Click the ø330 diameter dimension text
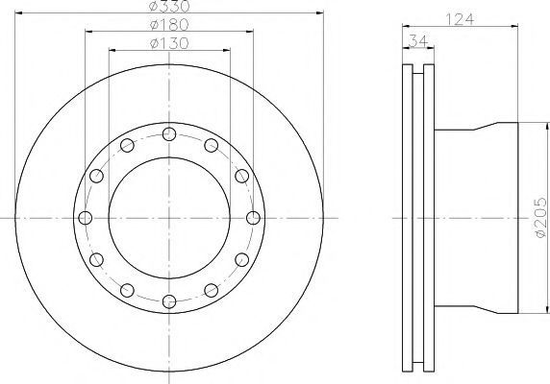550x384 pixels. (169, 6)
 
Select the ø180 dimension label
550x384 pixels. (169, 25)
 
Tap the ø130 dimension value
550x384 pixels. (169, 43)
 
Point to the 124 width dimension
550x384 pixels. (460, 19)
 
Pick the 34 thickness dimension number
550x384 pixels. (418, 41)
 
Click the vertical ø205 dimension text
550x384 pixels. (540, 218)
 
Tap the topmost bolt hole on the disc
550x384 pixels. (169, 133)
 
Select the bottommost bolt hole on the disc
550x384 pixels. (169, 301)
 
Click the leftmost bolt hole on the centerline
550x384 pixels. (85, 218)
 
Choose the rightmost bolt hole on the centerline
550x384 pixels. (253, 218)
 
